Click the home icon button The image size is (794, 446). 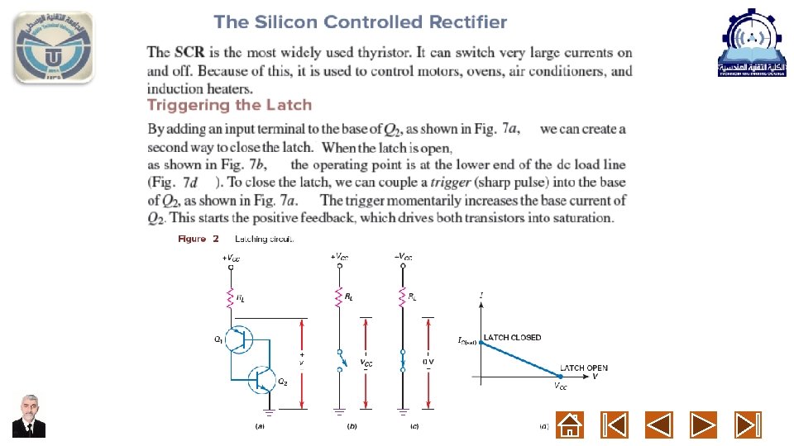coord(569,425)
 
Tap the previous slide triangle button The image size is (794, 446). coord(658,425)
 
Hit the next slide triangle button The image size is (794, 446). coord(703,425)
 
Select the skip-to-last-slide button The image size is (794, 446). coord(748,425)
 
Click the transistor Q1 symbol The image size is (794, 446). coord(240,339)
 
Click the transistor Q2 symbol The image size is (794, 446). coord(264,378)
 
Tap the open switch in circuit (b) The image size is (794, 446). coord(338,361)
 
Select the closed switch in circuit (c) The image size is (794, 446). coord(402,361)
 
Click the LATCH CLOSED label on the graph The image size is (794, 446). coord(513,337)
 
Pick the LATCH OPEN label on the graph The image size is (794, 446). coord(583,368)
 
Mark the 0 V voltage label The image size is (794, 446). coord(429,362)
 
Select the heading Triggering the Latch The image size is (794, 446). coord(229,105)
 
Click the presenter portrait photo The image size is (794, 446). coord(30,416)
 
